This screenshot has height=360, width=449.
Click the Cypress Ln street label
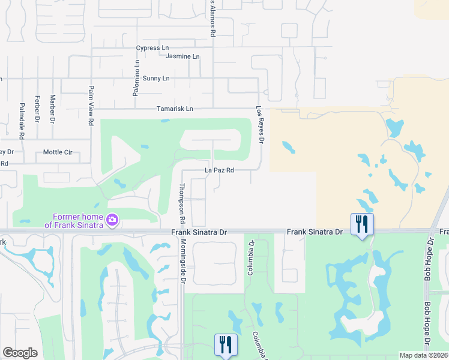pyautogui.click(x=152, y=47)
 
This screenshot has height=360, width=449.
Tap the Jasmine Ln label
pyautogui.click(x=182, y=56)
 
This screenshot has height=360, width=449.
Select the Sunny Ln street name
pyautogui.click(x=156, y=79)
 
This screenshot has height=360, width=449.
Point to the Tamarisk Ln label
pyautogui.click(x=175, y=109)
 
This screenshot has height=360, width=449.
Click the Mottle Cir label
pyautogui.click(x=58, y=152)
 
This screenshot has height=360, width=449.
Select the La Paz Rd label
pyautogui.click(x=219, y=170)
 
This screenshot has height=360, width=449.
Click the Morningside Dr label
pyautogui.click(x=182, y=259)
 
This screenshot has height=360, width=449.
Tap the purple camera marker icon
pyautogui.click(x=112, y=221)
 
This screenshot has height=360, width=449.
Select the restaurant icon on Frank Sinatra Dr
pyautogui.click(x=362, y=224)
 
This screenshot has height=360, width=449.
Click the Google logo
pyautogui.click(x=20, y=353)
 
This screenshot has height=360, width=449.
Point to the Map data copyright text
pyautogui.click(x=423, y=355)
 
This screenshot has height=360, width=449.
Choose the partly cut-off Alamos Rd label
pyautogui.click(x=212, y=18)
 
